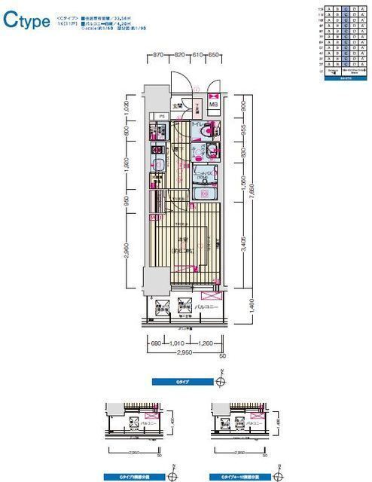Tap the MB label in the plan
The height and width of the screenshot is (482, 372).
pyautogui.click(x=214, y=105)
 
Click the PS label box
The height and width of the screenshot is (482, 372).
pyautogui.click(x=161, y=116)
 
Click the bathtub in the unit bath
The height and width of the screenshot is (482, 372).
pyautogui.click(x=203, y=194)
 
